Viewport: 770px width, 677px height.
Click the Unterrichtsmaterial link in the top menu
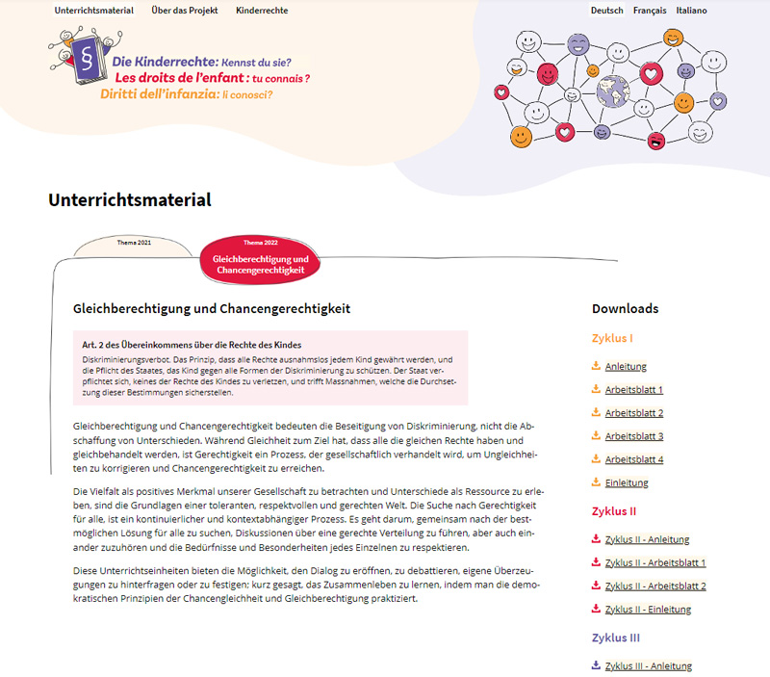[94, 11]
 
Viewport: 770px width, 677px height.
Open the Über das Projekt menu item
[185, 11]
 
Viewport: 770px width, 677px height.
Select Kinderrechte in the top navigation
[262, 11]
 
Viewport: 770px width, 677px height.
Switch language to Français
[650, 11]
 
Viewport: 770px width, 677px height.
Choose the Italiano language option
[691, 11]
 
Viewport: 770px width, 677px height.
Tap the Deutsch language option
[606, 11]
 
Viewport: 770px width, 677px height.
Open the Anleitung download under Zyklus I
[626, 367]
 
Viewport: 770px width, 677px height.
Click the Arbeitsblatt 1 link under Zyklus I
[633, 390]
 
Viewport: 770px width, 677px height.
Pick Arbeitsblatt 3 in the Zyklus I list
[633, 436]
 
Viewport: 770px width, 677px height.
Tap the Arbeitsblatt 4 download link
[633, 459]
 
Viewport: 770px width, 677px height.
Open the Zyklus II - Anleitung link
[647, 539]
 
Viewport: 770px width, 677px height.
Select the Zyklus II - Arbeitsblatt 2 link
[654, 586]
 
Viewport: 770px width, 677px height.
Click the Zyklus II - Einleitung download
[647, 609]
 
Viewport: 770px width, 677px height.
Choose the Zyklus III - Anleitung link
[648, 665]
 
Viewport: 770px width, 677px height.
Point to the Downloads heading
[626, 309]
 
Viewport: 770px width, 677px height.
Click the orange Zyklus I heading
[612, 339]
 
